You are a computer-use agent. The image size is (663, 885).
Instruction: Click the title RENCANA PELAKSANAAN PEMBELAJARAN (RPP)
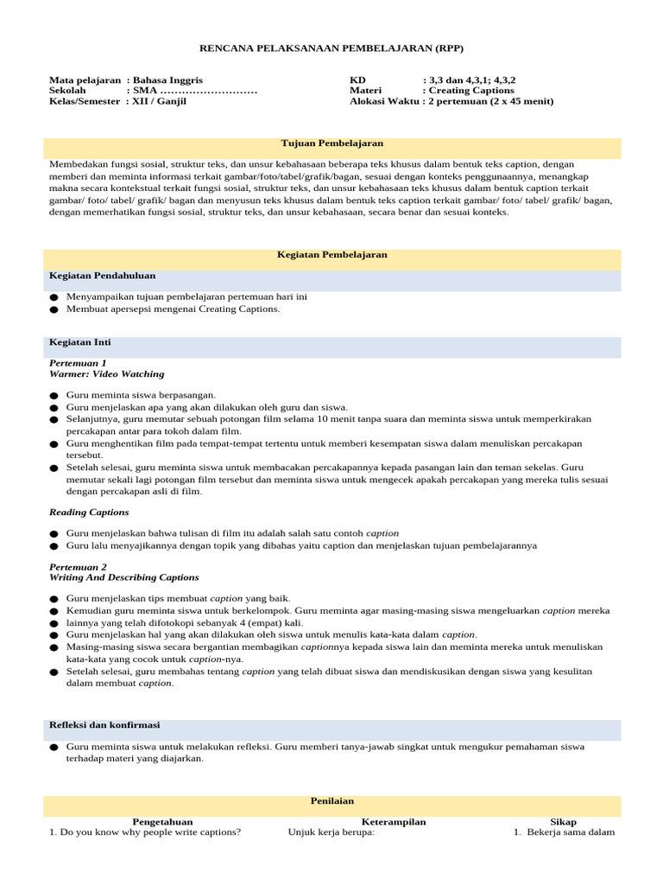tap(331, 48)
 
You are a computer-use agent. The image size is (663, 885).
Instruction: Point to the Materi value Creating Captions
tap(474, 90)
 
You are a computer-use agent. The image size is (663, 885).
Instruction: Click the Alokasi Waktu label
tap(384, 101)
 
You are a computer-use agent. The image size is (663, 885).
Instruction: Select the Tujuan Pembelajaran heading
tap(331, 143)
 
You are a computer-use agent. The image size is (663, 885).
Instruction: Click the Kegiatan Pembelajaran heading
tap(331, 255)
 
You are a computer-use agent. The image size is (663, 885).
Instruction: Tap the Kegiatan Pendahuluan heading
tap(102, 276)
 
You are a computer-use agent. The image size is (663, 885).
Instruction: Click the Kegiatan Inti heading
tap(80, 342)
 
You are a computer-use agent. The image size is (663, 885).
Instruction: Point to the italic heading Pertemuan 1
tap(78, 363)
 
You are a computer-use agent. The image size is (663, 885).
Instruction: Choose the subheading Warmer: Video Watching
tap(106, 374)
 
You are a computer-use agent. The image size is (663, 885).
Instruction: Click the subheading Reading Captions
tap(89, 513)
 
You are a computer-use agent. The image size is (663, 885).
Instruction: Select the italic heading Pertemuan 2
tap(78, 566)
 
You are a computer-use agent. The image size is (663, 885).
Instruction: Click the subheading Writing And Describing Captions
tap(123, 577)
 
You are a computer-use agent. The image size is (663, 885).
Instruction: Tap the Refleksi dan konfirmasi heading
tap(104, 725)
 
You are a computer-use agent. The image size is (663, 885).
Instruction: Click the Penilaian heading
tap(331, 801)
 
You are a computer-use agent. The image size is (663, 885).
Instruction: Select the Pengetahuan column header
tap(162, 822)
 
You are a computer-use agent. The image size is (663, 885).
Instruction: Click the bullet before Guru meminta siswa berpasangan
tap(54, 396)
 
